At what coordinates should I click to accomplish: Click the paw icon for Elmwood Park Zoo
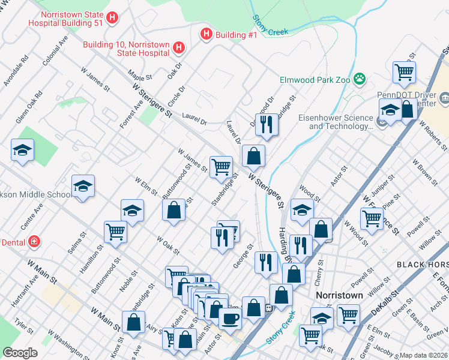[360, 79]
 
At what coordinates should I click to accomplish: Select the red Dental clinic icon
[35, 241]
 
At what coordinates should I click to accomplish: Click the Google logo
[20, 353]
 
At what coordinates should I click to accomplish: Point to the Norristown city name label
[340, 296]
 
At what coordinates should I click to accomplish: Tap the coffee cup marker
[230, 318]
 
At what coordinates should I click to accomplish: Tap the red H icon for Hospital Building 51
[111, 19]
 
